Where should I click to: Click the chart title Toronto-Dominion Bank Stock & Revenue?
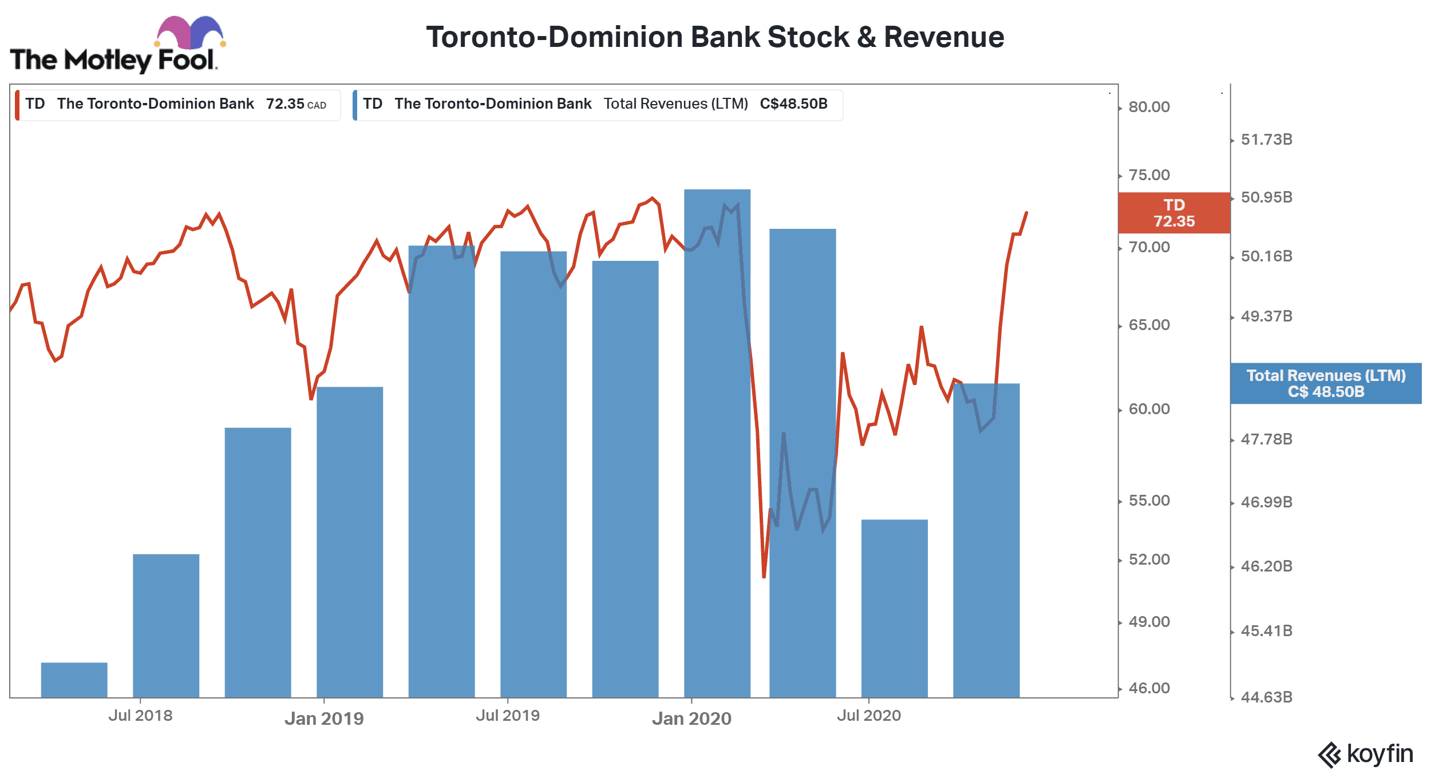coord(715,37)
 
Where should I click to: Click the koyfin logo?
coord(1366,755)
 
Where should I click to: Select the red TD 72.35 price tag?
coord(1173,213)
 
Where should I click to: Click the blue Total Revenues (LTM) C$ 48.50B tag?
coord(1326,383)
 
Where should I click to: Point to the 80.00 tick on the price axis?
coord(1149,107)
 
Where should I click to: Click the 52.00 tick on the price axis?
coord(1149,559)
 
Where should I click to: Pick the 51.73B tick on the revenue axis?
coord(1266,140)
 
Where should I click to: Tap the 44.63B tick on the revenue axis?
coord(1266,697)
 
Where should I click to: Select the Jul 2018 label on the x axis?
coord(140,716)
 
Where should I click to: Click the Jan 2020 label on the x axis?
coord(691,719)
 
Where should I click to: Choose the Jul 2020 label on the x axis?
coord(869,716)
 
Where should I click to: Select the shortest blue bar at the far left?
coord(74,680)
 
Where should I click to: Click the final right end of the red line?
coord(1026,213)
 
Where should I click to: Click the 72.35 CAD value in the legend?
coord(296,104)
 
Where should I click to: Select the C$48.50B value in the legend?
coord(793,104)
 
